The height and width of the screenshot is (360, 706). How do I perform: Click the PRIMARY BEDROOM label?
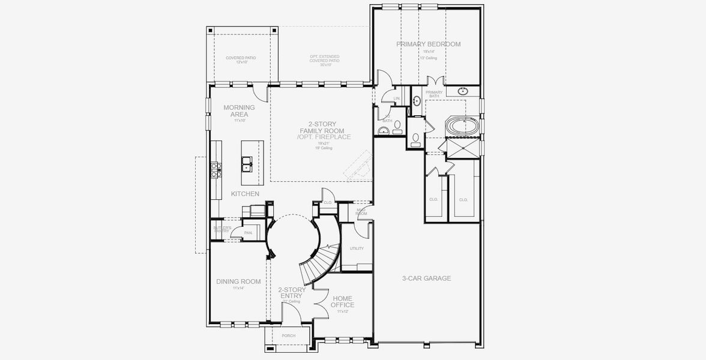pos(428,44)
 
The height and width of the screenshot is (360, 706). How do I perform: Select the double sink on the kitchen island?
pos(246,160)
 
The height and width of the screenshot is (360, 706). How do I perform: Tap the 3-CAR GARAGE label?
pos(426,278)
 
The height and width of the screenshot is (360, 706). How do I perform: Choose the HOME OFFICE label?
pos(342,302)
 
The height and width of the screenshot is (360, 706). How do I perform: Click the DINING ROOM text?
pos(238,281)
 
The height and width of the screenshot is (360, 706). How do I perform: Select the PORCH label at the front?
pos(288,335)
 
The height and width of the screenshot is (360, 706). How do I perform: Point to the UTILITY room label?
pos(357,248)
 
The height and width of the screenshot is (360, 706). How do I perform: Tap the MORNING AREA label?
pos(239,111)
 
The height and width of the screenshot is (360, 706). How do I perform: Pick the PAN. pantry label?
pos(248,233)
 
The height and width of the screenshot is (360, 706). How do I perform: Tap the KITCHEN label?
pos(245,194)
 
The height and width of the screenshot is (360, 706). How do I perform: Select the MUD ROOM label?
pos(361,212)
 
